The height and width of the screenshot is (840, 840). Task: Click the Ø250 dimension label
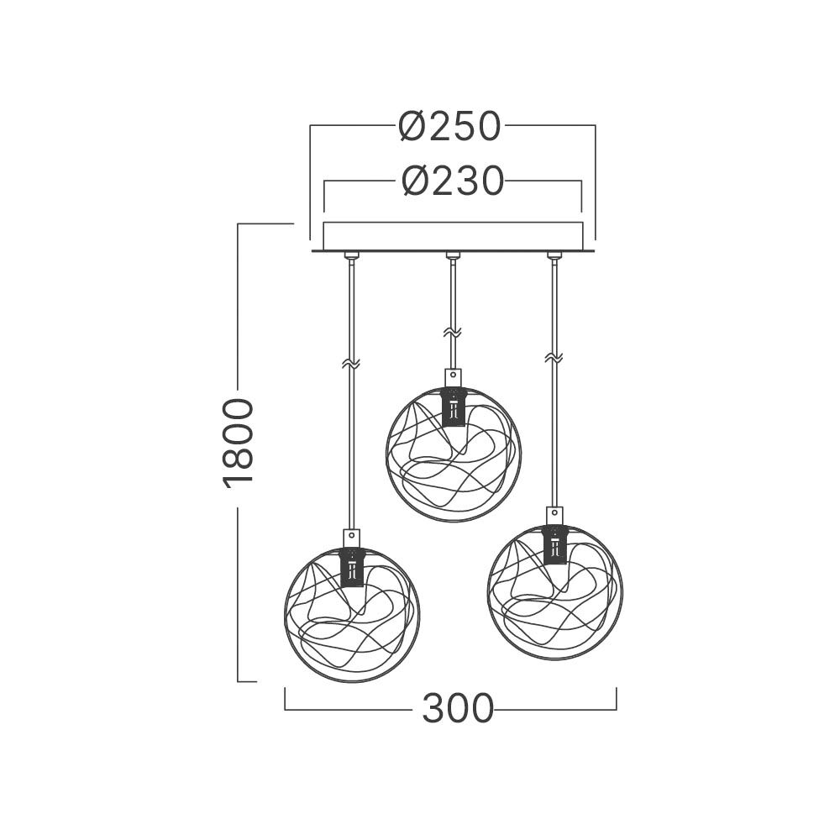(449, 127)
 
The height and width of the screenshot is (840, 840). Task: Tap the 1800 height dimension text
(238, 444)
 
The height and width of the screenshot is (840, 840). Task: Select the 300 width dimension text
(458, 708)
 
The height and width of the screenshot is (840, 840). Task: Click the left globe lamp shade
(285, 616)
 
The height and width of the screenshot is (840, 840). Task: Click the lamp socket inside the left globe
(352, 567)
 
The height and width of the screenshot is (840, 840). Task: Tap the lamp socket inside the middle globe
(454, 407)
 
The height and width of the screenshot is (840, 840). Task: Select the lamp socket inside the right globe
(554, 545)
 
